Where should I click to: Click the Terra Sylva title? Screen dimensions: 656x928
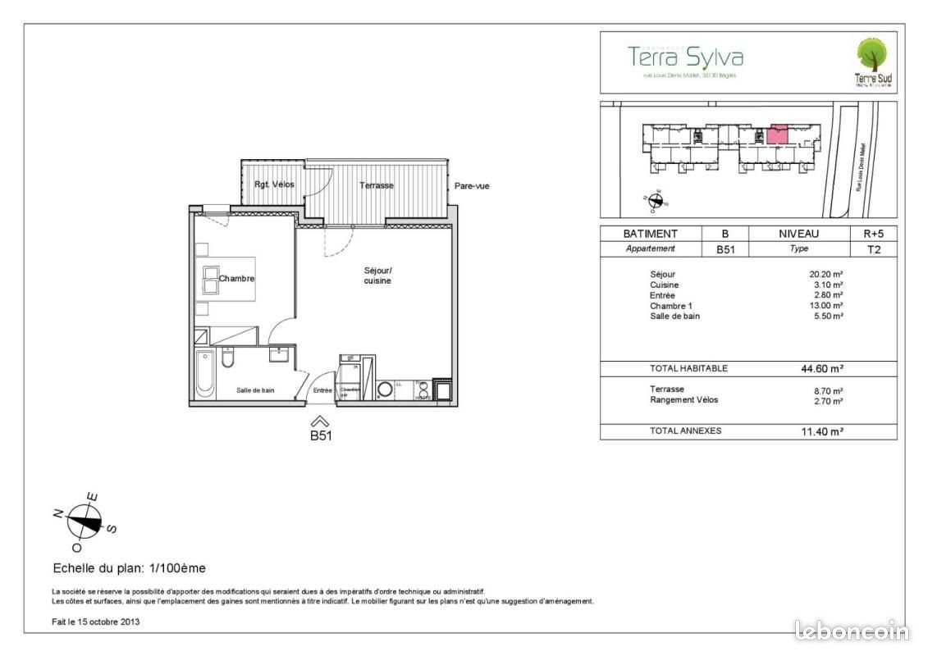tap(685, 57)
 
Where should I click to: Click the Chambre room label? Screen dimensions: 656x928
tap(236, 279)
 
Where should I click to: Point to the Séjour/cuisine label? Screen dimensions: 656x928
tap(378, 276)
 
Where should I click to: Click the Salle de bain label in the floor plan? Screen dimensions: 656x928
tap(255, 391)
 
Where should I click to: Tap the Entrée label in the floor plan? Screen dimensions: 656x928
tap(322, 391)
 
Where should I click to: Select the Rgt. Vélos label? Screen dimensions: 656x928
tap(274, 185)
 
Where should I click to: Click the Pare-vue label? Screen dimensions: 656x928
tap(472, 186)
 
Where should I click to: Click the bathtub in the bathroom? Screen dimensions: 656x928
tap(205, 376)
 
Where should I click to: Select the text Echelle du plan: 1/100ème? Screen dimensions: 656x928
tap(129, 567)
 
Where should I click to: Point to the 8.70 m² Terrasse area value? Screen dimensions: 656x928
tap(828, 391)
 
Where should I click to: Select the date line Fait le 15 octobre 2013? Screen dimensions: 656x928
tap(96, 622)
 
